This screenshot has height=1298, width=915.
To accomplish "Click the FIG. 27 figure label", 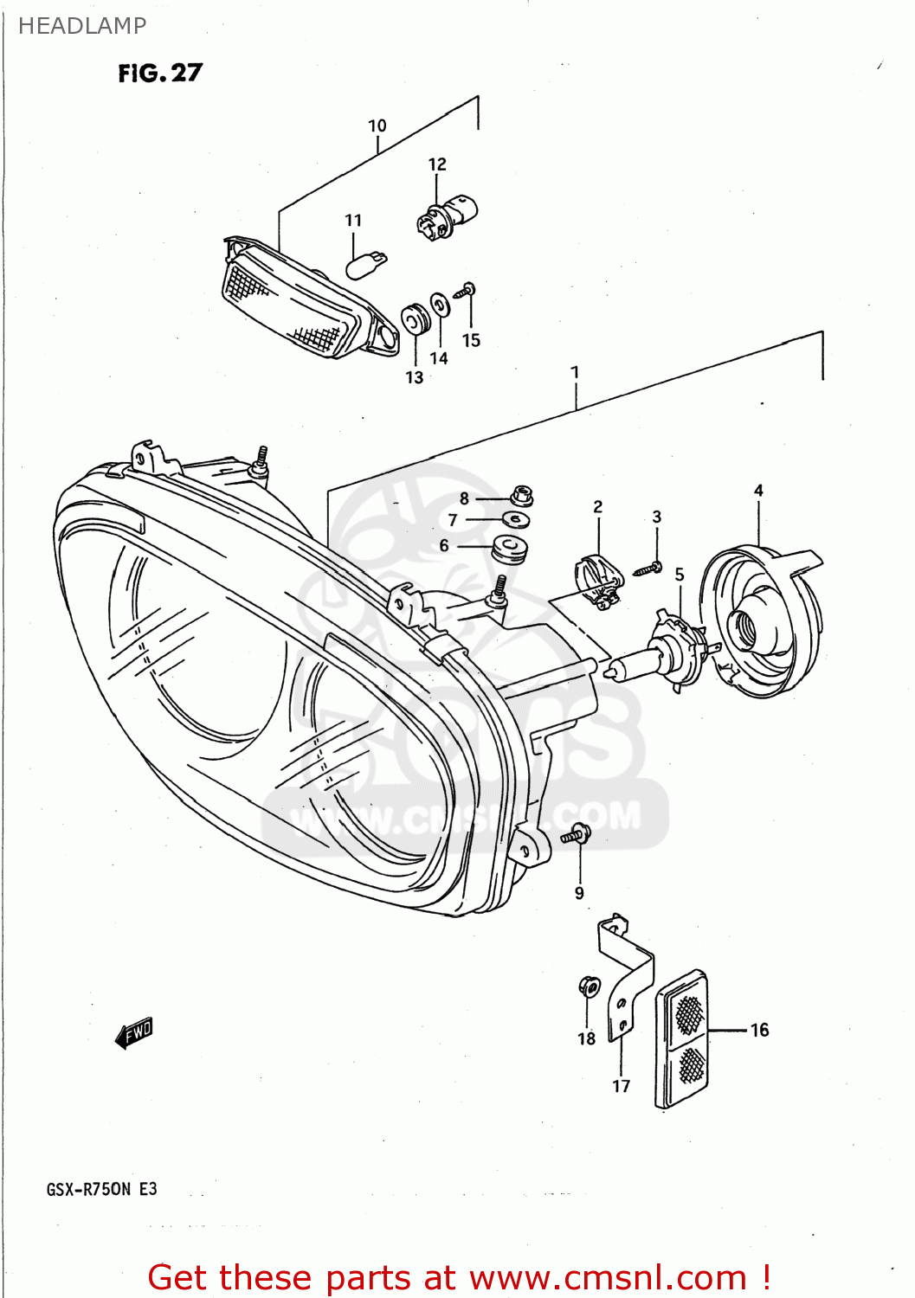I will pos(160,74).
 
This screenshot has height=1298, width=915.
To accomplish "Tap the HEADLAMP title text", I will pos(82,26).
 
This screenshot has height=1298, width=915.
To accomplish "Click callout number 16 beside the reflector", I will pos(759,1030).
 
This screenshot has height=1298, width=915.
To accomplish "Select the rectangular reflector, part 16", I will pos(683,1038).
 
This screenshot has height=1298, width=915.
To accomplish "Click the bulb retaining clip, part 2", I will pos(597,582).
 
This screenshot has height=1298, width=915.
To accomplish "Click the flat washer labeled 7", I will pos(517,520).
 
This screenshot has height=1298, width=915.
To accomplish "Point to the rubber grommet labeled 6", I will pos(509,549).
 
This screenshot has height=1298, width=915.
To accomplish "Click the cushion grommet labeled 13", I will pos(415,319).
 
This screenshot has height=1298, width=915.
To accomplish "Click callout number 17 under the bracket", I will pos(622,1086).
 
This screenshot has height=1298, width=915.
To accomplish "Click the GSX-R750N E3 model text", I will pos(102,1189).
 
